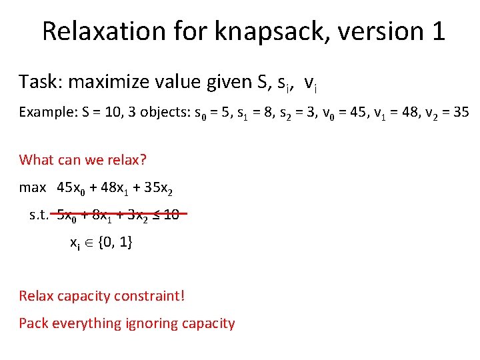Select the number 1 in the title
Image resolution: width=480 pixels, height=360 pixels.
437,31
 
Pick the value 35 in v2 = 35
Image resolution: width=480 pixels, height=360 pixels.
461,112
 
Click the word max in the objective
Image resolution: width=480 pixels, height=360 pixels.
33,187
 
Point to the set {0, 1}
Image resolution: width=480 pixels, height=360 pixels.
115,243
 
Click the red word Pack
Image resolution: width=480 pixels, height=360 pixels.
33,324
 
